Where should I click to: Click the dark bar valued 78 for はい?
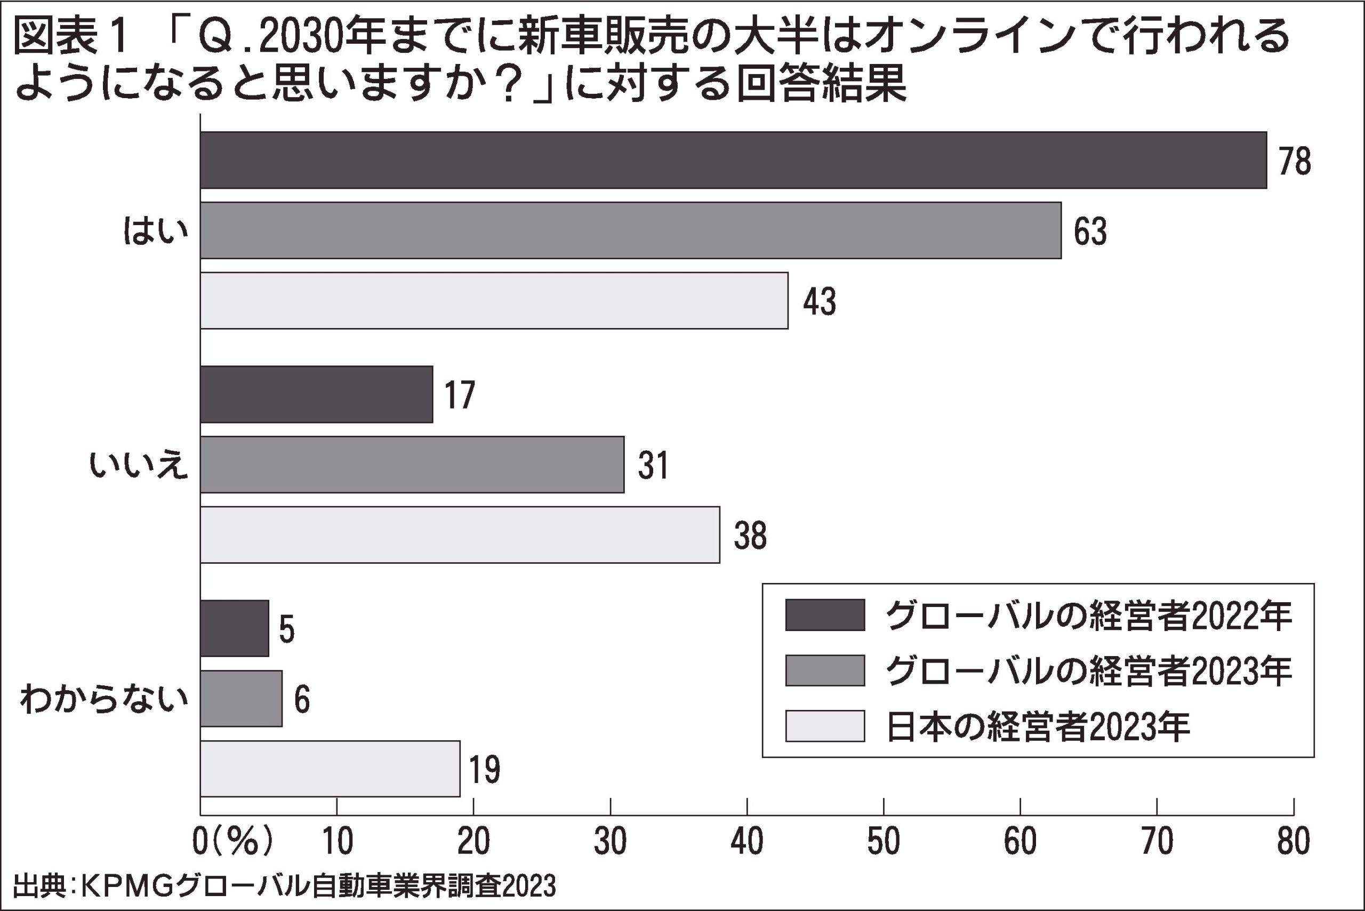pyautogui.click(x=733, y=160)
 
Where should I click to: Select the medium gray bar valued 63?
pyautogui.click(x=630, y=230)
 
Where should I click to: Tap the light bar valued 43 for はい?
pyautogui.click(x=494, y=300)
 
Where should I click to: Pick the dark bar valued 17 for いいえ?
pyautogui.click(x=317, y=394)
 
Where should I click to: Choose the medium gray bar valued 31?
pyautogui.click(x=412, y=464)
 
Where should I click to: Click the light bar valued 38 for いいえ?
pyautogui.click(x=460, y=534)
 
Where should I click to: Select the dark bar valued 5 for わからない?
pyautogui.click(x=235, y=628)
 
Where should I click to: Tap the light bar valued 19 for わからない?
pyautogui.click(x=330, y=769)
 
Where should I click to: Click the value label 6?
pyautogui.click(x=301, y=700)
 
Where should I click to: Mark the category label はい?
pyautogui.click(x=156, y=231)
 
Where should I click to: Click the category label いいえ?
pyautogui.click(x=139, y=465)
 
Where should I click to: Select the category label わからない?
pyautogui.click(x=105, y=699)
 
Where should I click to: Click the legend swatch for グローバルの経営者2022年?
pyautogui.click(x=825, y=614)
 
